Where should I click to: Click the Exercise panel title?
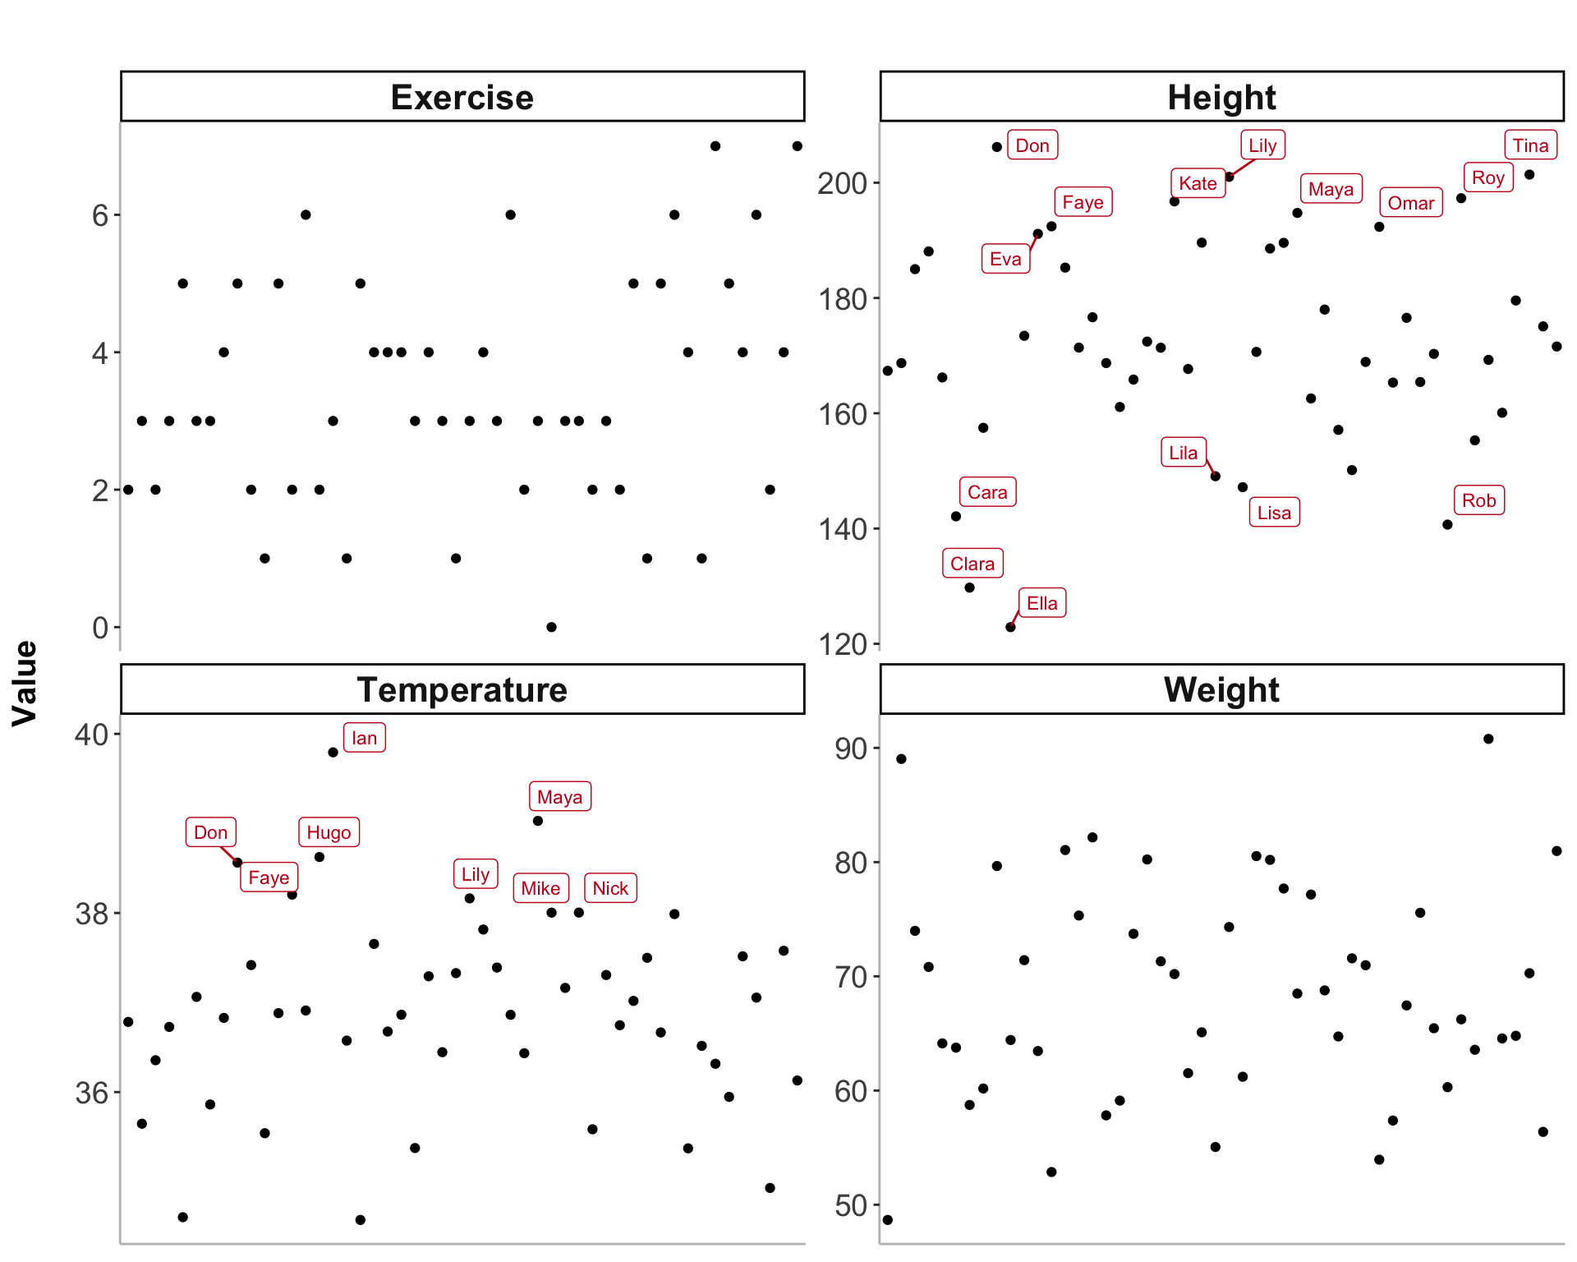coord(462,97)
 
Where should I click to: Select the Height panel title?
coord(1221,97)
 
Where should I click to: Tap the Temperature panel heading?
coord(462,689)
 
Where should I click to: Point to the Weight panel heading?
coord(1221,689)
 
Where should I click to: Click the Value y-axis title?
coord(25,683)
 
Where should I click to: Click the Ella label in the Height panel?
coord(1042,603)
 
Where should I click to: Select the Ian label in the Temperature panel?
coord(364,738)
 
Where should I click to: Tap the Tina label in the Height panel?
coord(1530,145)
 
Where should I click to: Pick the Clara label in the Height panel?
coord(972,564)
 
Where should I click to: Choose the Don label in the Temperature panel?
coord(210,832)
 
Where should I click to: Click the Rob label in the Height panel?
coord(1478,500)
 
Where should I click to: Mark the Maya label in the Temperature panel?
coord(559,797)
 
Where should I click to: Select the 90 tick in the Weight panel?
coord(851,748)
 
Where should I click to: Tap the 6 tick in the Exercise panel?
coord(100,215)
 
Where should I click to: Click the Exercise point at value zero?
coord(551,627)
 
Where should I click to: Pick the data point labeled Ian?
coord(333,752)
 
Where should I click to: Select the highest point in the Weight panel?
coord(1488,739)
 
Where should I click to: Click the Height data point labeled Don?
coord(996,147)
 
